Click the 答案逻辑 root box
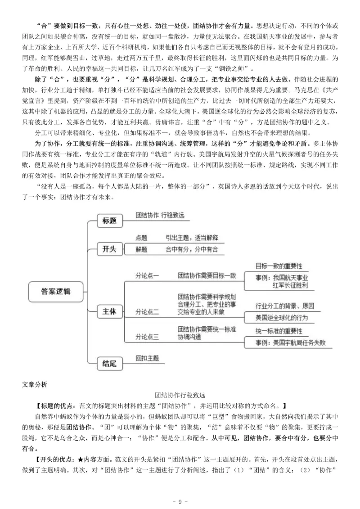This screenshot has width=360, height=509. (55, 291)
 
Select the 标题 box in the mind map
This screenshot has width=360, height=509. (110, 221)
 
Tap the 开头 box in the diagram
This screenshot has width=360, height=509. (110, 248)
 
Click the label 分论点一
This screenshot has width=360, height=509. (147, 276)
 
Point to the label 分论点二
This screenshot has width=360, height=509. (147, 312)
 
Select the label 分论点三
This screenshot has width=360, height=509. (147, 337)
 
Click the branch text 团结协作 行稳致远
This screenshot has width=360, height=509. (160, 215)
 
